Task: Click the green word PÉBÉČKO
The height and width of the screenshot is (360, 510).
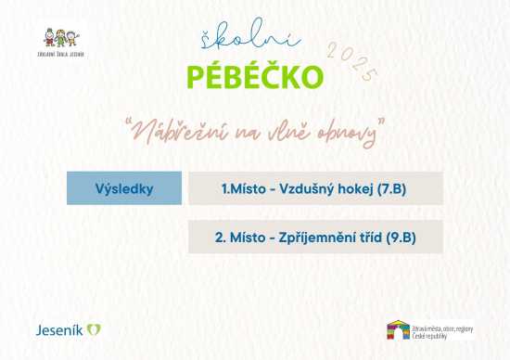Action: click(x=254, y=77)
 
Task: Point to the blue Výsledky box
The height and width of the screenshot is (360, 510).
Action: click(x=123, y=188)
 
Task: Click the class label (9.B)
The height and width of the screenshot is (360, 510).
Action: click(x=400, y=238)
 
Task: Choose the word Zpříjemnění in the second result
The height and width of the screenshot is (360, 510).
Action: click(x=316, y=238)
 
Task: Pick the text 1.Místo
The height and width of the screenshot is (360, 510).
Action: click(x=243, y=188)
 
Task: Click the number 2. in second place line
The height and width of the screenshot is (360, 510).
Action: click(x=221, y=238)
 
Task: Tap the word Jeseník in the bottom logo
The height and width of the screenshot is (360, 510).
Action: click(x=58, y=329)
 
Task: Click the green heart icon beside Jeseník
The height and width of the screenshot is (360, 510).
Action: click(x=94, y=329)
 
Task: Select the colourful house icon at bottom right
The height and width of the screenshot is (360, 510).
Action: click(x=398, y=330)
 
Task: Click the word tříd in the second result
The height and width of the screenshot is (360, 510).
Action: click(x=368, y=238)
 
